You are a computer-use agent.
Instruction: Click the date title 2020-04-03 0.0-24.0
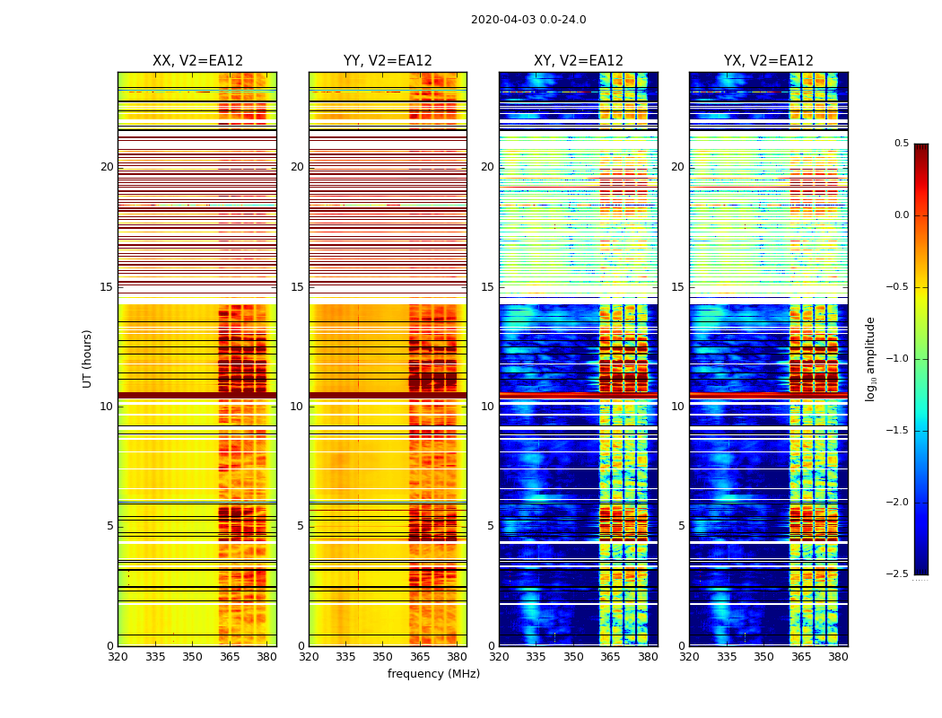tap(528, 20)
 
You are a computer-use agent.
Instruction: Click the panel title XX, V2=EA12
tap(197, 61)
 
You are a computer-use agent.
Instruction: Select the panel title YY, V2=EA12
tap(388, 61)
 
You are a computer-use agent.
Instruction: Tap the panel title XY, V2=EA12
tap(579, 61)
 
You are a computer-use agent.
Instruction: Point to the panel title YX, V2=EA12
tap(769, 61)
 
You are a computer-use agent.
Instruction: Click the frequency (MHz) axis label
tap(433, 674)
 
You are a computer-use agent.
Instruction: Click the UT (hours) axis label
tap(88, 358)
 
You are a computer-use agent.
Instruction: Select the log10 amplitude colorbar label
tap(870, 358)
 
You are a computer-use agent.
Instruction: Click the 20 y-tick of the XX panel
tap(107, 167)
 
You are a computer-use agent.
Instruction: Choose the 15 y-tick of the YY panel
tap(298, 287)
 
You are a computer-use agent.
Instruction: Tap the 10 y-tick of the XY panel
tap(488, 407)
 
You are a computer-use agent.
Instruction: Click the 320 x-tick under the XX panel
tap(118, 657)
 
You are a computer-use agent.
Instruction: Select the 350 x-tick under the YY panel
tap(383, 657)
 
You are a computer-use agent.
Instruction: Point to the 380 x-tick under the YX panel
tap(838, 657)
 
